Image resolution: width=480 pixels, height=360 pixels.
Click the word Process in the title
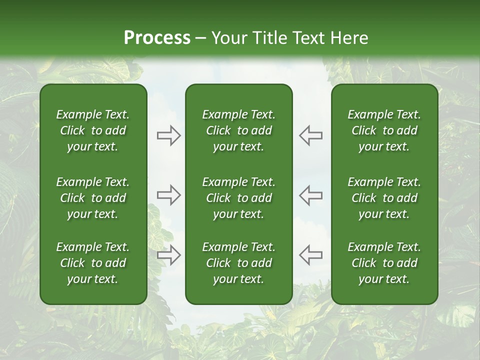157,38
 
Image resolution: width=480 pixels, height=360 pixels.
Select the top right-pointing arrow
169,135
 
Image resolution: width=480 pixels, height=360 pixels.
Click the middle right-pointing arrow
169,195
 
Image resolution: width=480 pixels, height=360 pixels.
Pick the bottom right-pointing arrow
169,254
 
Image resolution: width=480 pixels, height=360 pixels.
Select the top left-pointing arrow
311,135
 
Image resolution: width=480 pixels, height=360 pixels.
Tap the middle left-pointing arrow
311,195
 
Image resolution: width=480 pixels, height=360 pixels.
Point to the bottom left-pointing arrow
311,254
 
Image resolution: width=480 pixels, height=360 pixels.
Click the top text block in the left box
93,130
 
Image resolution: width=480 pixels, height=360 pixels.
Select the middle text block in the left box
93,198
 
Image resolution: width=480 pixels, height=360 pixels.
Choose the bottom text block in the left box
93,263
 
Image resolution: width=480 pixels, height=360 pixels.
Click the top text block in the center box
239,130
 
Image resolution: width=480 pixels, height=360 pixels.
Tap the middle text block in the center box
239,198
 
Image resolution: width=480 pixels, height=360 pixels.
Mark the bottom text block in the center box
239,263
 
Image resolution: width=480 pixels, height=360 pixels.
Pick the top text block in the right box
384,130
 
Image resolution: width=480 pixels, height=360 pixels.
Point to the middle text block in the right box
384,198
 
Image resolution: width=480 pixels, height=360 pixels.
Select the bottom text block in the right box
384,263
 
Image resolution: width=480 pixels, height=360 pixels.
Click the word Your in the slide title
227,38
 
